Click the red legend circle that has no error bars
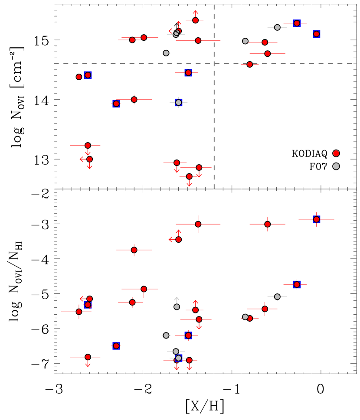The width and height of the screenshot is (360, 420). click(336, 153)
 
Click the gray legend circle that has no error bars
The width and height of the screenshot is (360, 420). click(336, 166)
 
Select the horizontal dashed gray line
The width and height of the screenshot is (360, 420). click(130, 64)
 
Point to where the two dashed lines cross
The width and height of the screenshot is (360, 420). click(214, 64)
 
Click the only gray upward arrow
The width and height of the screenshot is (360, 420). click(177, 300)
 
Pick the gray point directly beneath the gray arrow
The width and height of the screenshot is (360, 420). click(177, 307)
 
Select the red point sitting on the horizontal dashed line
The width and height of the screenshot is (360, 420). click(250, 64)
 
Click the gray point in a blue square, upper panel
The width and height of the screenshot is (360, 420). click(178, 103)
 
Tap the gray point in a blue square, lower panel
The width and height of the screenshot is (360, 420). click(178, 358)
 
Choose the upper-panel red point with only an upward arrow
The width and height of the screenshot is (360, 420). click(195, 20)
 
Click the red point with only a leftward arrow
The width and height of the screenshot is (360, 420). click(89, 299)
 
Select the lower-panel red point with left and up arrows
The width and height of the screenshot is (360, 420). click(178, 239)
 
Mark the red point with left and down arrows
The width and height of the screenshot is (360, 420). click(89, 159)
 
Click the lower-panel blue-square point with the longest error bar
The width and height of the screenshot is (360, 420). click(317, 219)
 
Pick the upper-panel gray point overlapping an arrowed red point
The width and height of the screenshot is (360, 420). click(176, 34)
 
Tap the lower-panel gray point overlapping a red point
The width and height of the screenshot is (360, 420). click(245, 317)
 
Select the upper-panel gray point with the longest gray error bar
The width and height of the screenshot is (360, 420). click(277, 27)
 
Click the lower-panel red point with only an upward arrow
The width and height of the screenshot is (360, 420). click(195, 310)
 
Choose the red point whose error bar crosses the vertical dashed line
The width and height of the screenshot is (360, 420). click(198, 40)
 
